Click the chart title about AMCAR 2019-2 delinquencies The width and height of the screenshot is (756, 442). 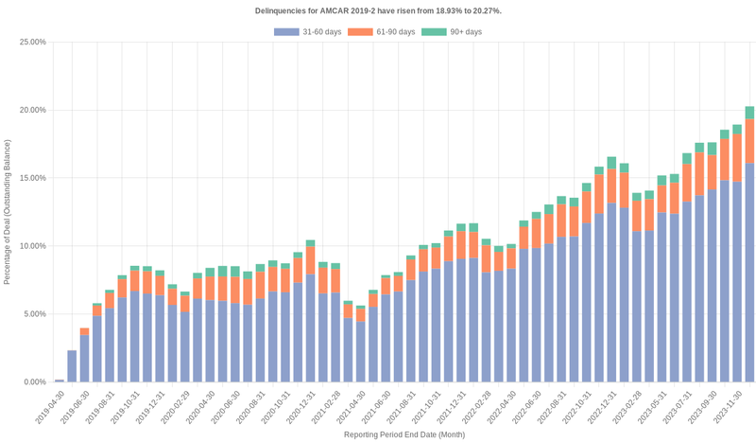pyautogui.click(x=378, y=10)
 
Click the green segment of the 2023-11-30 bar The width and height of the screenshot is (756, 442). pyautogui.click(x=749, y=112)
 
